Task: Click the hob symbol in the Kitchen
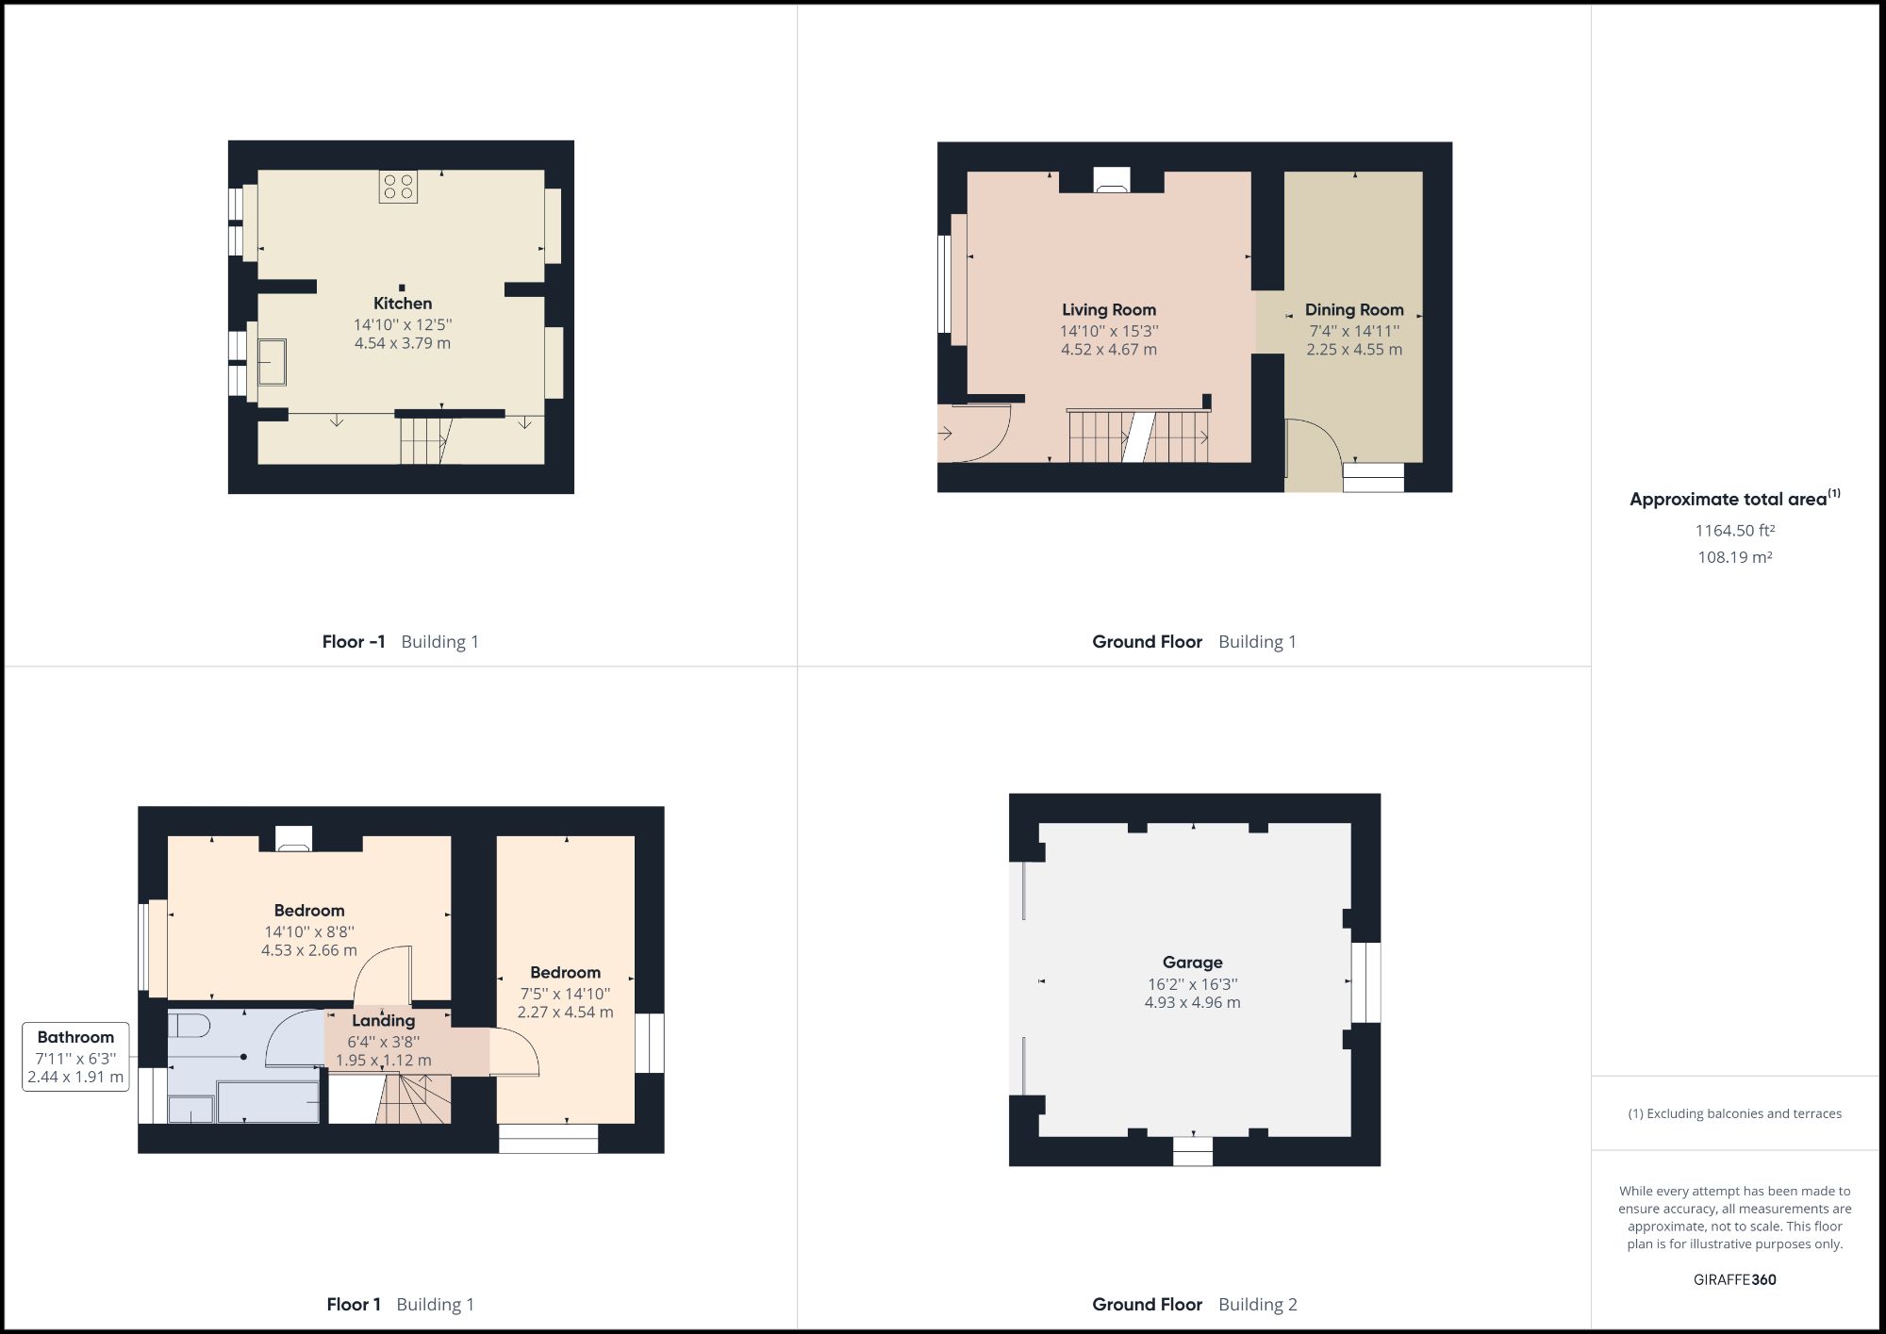coord(399,187)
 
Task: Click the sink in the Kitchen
coord(273,362)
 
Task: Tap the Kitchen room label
coord(403,304)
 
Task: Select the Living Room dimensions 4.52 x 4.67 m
coord(1109,350)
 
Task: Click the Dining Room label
coord(1354,309)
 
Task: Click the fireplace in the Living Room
coord(1111,181)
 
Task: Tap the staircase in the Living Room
coord(1138,436)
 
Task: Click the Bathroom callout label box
coord(75,1057)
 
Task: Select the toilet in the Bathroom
coord(189,1025)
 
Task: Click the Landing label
coord(383,1020)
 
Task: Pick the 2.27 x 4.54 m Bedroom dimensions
coord(565,1013)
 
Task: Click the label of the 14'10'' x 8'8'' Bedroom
coord(309,910)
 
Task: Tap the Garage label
coord(1192,962)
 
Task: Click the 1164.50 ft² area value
coord(1734,531)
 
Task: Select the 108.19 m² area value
coord(1734,557)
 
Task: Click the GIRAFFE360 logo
coord(1734,1279)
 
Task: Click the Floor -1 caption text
coord(354,642)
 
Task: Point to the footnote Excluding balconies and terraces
coord(1734,1113)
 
